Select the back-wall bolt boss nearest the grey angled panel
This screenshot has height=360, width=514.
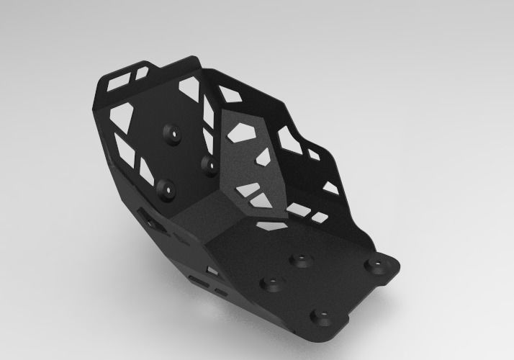tap(210, 163)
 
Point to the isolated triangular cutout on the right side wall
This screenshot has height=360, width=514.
tap(330, 187)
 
